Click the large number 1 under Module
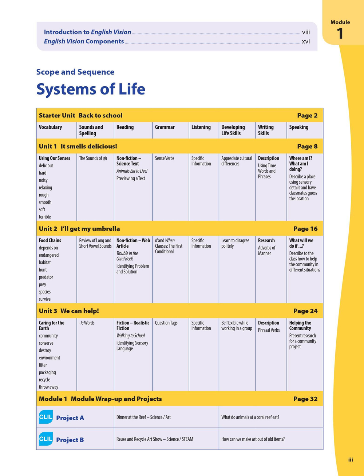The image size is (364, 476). coord(340,34)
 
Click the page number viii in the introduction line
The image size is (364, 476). coord(306,32)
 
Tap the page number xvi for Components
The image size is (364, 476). coord(306,41)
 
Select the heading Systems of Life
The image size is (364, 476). coord(91,89)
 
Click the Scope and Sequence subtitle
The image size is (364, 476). coord(75,72)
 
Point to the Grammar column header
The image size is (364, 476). coord(165,127)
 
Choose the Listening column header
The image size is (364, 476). coord(201,127)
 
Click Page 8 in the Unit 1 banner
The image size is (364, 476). coord(307,147)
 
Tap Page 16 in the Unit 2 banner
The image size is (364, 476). coord(305,229)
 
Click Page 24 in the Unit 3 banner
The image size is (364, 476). coord(305,311)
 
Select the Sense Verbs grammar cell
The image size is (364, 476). coord(165,158)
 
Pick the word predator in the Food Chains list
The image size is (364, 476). coord(46,277)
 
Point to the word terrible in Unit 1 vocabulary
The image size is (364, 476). coord(45,217)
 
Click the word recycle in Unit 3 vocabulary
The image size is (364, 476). coord(44,380)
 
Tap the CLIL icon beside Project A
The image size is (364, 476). coord(45,417)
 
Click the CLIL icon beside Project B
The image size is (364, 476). coord(45,439)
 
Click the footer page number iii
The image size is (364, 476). coord(351,460)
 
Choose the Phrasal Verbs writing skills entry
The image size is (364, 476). coord(269,330)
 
